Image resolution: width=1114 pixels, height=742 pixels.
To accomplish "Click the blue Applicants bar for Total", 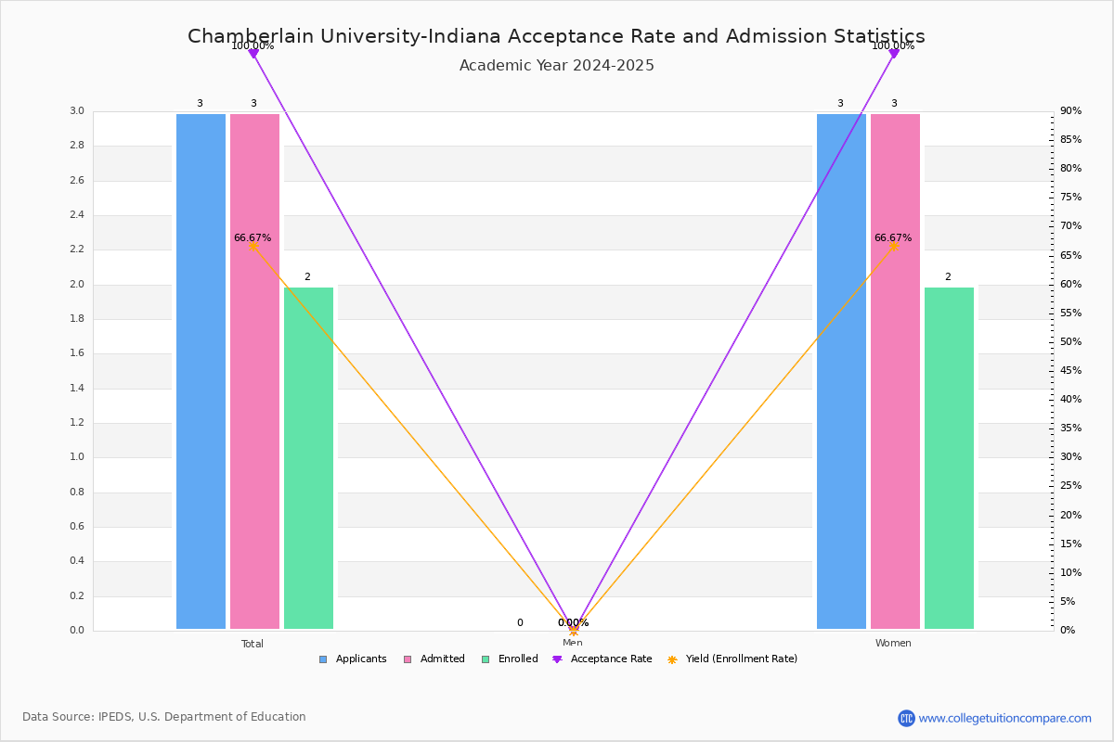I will (201, 371).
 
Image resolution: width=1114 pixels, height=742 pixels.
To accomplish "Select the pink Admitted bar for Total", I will (254, 371).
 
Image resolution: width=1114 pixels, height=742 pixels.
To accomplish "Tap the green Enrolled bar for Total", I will (308, 458).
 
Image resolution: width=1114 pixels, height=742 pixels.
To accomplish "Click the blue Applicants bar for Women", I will (841, 371).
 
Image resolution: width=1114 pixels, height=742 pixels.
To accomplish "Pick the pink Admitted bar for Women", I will (895, 371).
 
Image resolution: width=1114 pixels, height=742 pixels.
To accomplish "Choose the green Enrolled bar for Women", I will (949, 458).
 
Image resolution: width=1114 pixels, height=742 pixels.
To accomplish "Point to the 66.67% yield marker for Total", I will (253, 246).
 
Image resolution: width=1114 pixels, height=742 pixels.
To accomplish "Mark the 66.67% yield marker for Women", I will (894, 246).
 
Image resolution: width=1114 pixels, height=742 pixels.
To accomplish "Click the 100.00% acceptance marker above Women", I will (894, 54).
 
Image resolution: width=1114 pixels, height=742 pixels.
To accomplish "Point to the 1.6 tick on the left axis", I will (76, 353).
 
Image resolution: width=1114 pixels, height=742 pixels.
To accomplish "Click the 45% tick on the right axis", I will (1070, 371).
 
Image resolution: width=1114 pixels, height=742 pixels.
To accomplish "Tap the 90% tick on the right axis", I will (1070, 111).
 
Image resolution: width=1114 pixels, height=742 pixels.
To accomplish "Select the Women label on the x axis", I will (893, 644).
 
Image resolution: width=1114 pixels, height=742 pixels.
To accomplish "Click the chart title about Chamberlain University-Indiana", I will (556, 36).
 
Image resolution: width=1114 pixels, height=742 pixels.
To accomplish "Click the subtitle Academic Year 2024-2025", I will (556, 66).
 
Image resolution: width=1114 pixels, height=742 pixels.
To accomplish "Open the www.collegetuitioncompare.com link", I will (1004, 718).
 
